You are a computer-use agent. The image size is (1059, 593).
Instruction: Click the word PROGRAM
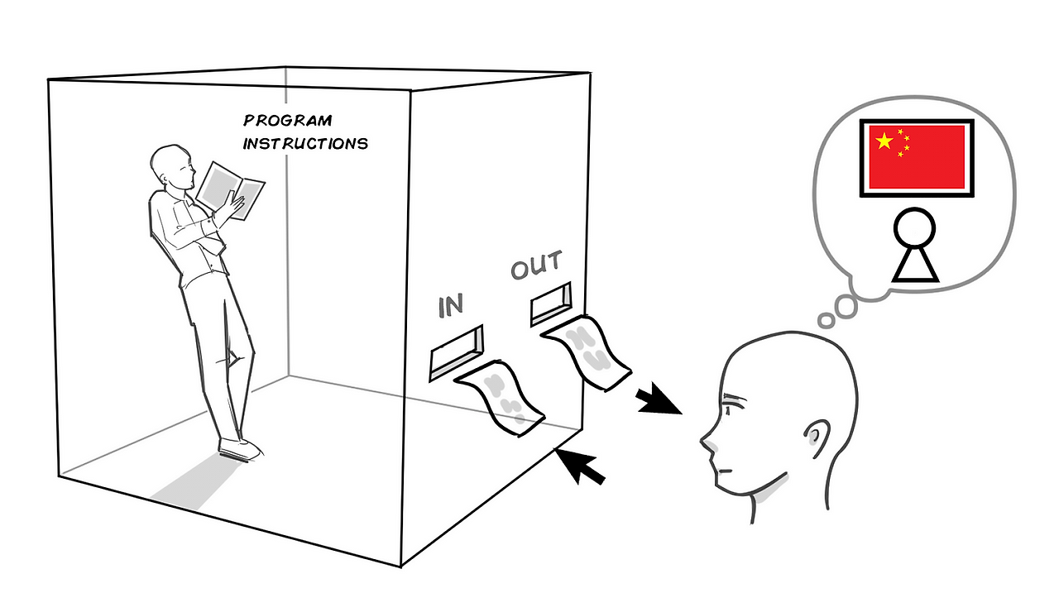[287, 122]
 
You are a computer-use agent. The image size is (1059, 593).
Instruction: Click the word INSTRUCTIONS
[304, 143]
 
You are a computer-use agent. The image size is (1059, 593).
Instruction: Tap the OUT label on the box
[536, 266]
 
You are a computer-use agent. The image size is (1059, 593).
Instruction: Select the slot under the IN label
[456, 351]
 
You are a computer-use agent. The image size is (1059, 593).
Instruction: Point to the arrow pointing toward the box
[582, 467]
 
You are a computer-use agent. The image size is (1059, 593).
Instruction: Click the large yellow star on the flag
[884, 141]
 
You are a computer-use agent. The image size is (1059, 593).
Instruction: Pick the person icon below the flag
[914, 246]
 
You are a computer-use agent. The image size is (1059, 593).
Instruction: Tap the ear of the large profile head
[815, 437]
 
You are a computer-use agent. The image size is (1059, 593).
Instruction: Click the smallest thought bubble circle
[826, 319]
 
